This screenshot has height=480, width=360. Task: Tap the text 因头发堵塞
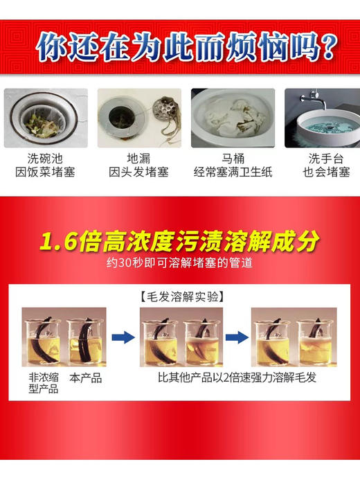(138, 172)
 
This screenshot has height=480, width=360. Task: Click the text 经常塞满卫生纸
(233, 172)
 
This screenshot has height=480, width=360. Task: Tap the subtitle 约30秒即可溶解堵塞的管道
(180, 265)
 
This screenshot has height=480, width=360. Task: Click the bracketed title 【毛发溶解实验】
(180, 296)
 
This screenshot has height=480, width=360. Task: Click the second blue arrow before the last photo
(236, 338)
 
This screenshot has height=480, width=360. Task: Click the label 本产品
(87, 378)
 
